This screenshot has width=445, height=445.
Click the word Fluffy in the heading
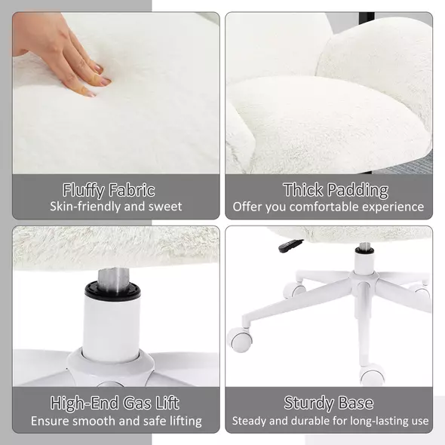[84, 190]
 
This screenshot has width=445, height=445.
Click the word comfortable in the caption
[327, 207]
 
